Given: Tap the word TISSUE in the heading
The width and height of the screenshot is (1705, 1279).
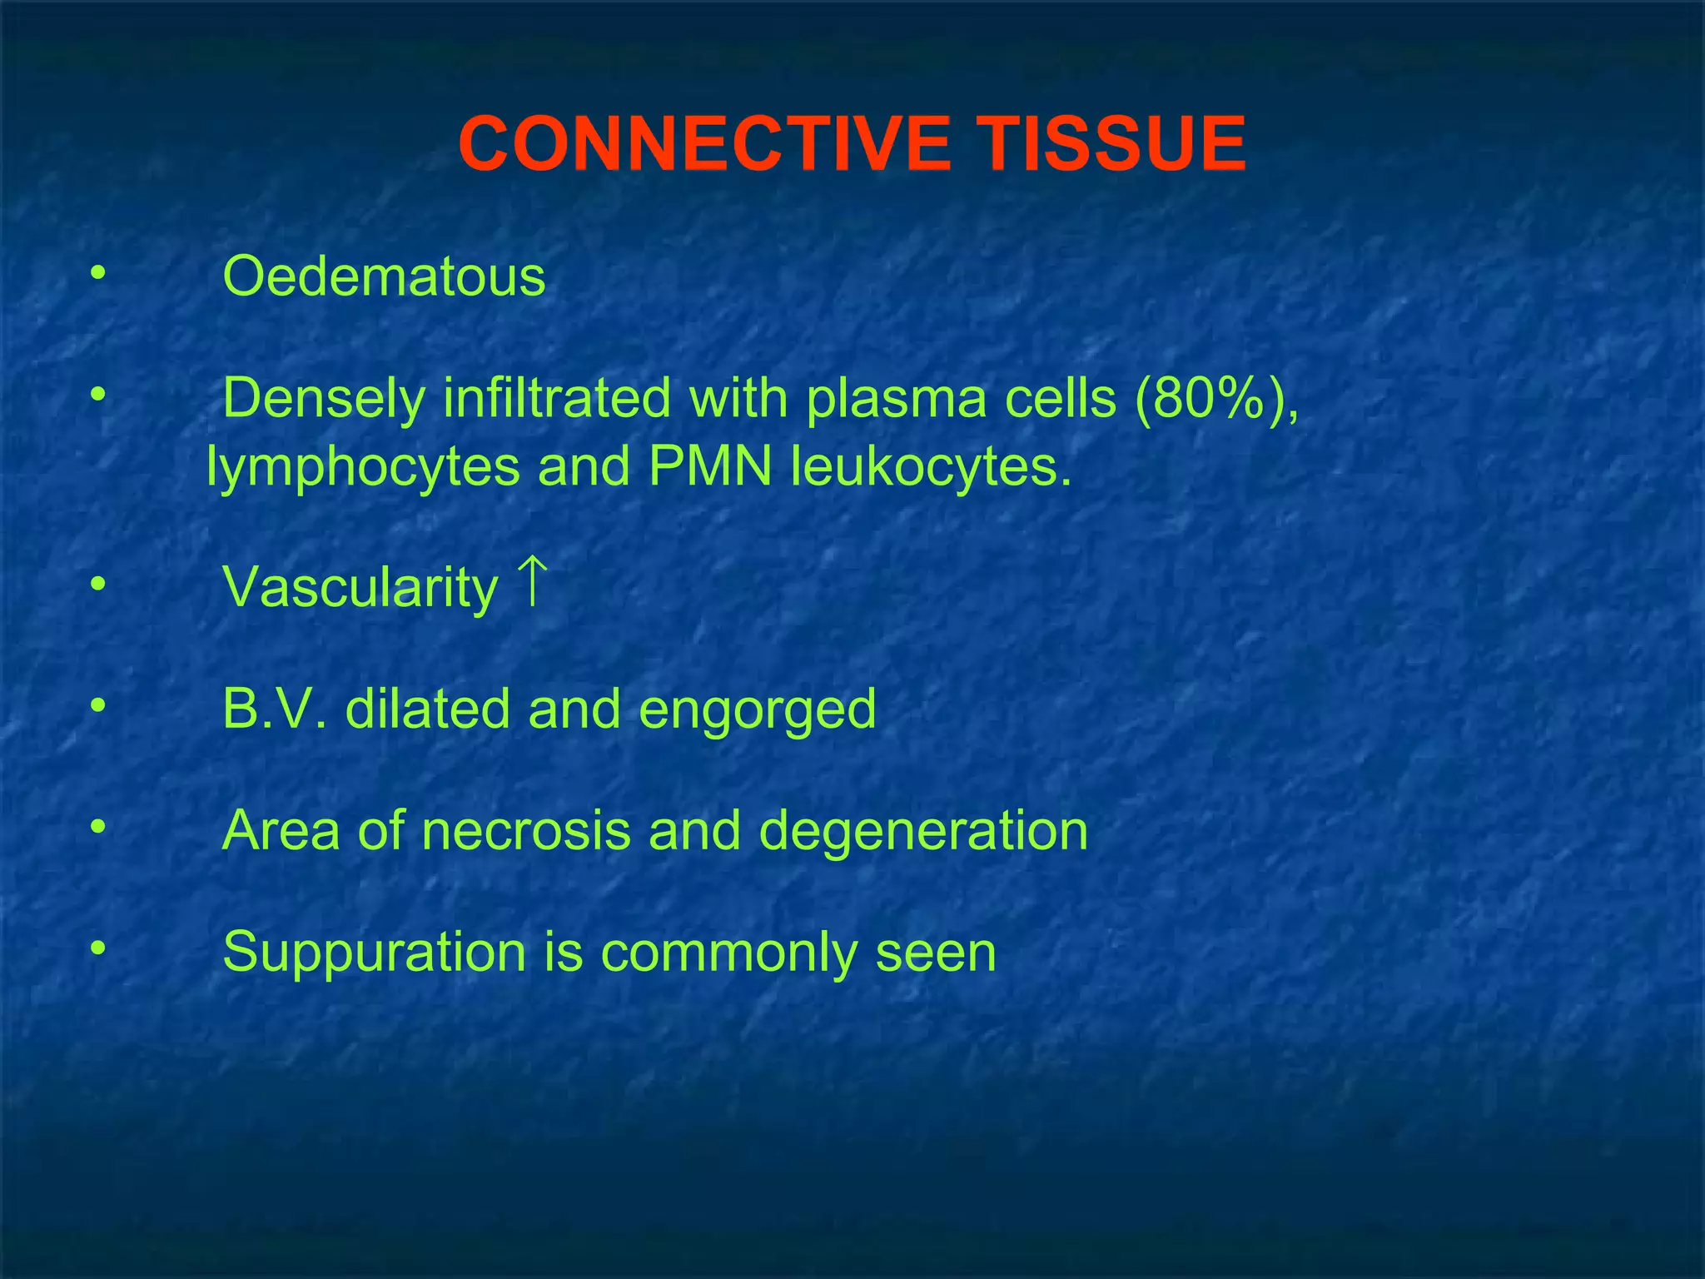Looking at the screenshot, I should (x=1111, y=144).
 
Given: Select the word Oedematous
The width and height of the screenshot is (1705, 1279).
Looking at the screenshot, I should (x=384, y=276).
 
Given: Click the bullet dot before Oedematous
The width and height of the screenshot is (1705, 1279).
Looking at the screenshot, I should (x=98, y=273).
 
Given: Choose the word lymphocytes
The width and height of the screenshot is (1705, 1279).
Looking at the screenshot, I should (x=363, y=467).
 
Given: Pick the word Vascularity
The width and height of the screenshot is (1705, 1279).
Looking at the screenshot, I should (x=360, y=588).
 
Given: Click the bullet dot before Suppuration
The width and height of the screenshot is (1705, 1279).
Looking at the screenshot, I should (x=98, y=948).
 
